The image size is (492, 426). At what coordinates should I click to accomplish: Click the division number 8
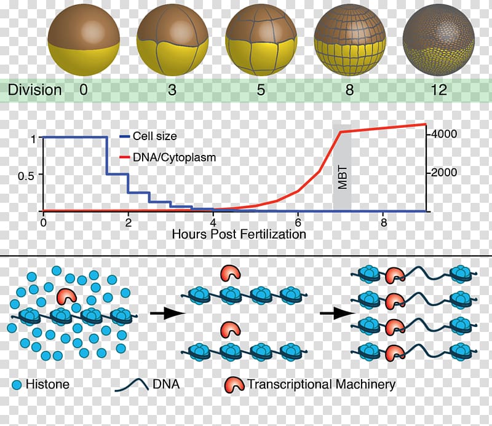(350, 90)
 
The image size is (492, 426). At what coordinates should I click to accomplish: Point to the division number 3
(172, 90)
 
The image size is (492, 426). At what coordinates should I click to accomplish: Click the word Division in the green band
(35, 90)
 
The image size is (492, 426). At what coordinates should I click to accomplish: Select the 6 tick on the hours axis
(298, 222)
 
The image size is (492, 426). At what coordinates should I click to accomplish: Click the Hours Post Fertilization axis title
(239, 234)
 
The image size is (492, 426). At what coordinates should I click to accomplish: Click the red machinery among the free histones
(66, 298)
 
